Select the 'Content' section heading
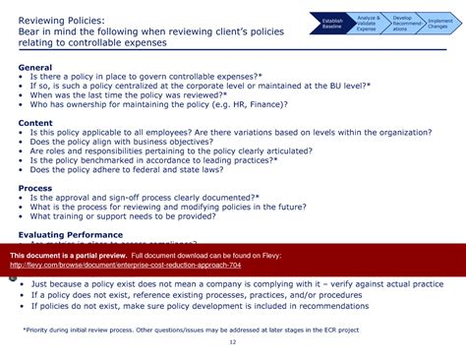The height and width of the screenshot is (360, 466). (x=36, y=123)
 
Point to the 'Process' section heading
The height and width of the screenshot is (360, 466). (x=35, y=187)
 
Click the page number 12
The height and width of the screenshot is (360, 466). (x=233, y=342)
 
